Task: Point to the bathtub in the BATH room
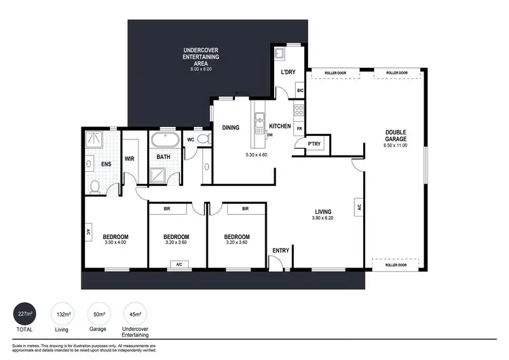pyautogui.click(x=164, y=142)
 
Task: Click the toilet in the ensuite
pyautogui.click(x=95, y=185)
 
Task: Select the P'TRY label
pyautogui.click(x=314, y=143)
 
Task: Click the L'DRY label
pyautogui.click(x=288, y=72)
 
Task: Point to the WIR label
pyautogui.click(x=130, y=160)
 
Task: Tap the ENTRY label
pyautogui.click(x=280, y=251)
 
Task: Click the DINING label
pyautogui.click(x=231, y=126)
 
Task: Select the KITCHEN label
pyautogui.click(x=280, y=126)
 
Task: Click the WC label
pyautogui.click(x=190, y=140)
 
